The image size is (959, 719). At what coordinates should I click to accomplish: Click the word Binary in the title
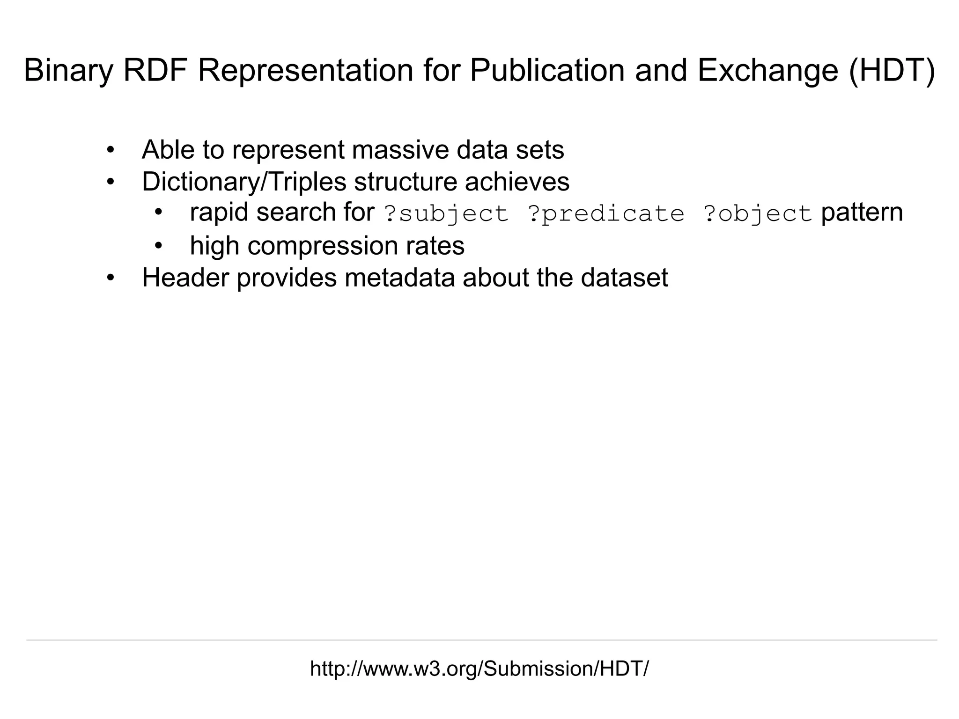[68, 71]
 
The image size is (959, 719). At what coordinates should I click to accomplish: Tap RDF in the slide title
[155, 71]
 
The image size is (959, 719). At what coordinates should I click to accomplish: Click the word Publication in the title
[547, 71]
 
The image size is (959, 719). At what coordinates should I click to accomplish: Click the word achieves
[517, 182]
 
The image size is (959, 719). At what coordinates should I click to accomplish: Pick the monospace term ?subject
[446, 214]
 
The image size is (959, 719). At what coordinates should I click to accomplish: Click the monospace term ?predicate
[606, 214]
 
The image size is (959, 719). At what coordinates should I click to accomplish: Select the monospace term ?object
[757, 214]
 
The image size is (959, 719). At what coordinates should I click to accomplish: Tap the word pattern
[862, 213]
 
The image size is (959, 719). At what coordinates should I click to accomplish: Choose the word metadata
[399, 278]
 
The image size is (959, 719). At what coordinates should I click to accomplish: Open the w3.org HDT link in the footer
[479, 669]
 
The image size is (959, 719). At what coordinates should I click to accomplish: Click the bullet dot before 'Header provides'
[111, 278]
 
